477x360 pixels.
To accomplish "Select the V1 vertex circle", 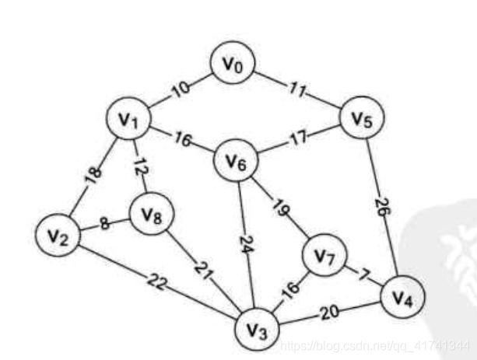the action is [129, 120].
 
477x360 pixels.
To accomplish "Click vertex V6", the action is [237, 161].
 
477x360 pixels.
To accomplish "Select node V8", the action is [153, 215].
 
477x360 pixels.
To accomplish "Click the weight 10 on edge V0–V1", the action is [179, 88].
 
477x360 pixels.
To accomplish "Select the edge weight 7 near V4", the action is [362, 274].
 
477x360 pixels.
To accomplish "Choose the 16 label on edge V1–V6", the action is [184, 141].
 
